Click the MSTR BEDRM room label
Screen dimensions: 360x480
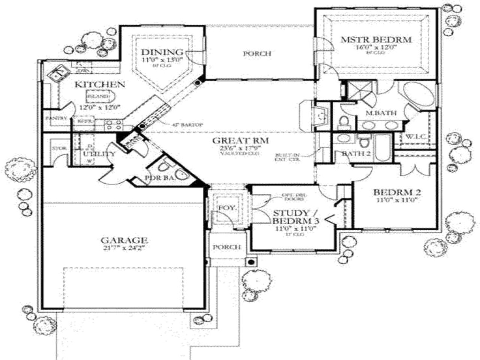coord(376,39)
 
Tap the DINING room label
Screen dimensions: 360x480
coord(162,52)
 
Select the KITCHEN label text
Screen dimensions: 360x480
coord(99,84)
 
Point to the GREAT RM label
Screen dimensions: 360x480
coord(240,141)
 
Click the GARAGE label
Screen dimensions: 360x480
coord(124,240)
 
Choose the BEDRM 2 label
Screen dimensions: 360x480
coord(397,192)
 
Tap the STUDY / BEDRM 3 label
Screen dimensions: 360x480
coord(291,216)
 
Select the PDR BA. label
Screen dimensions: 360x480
coord(160,178)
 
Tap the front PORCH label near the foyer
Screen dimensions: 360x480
coord(227,247)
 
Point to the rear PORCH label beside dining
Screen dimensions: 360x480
coord(257,54)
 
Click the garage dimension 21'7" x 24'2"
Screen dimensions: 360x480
coord(124,248)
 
